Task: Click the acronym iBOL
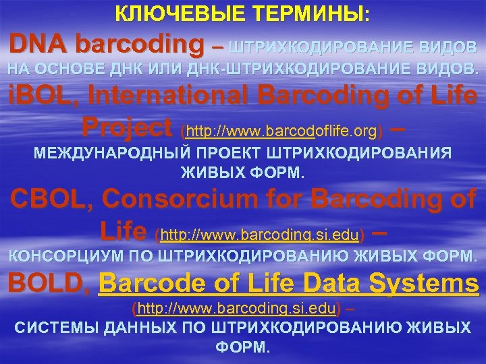[x=32, y=96]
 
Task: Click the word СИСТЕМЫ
[x=55, y=328]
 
